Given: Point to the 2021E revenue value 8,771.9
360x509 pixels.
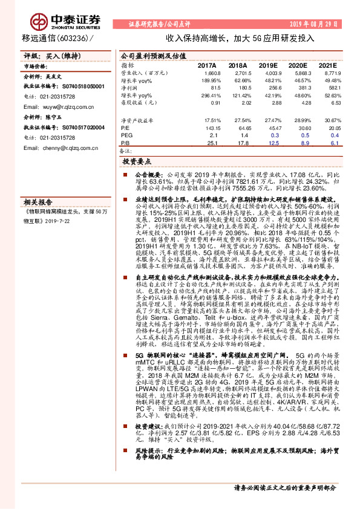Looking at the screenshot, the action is point(331,73).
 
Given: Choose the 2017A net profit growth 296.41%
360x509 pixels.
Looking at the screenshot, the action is point(206,95).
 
